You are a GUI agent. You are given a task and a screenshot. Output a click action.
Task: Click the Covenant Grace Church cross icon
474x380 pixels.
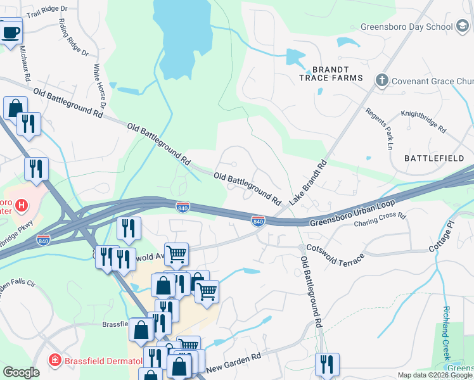[x=381, y=80]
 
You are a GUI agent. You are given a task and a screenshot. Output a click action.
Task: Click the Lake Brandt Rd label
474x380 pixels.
[x=308, y=182]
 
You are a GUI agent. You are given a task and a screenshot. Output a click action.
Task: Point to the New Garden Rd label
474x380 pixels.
[x=233, y=363]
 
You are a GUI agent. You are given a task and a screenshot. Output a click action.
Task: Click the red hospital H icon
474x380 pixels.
[x=22, y=205]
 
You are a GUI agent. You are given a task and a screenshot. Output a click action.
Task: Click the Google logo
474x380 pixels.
[x=22, y=372]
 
